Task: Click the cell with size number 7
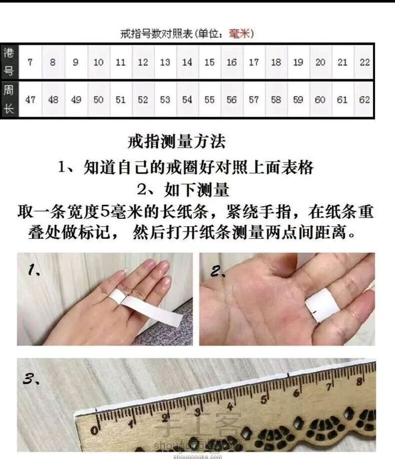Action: (x=30, y=62)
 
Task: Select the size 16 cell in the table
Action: (x=232, y=62)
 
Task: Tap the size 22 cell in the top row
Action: (x=364, y=62)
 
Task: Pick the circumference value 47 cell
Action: (x=30, y=100)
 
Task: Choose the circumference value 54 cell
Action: (x=187, y=100)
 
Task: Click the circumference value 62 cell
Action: (x=364, y=100)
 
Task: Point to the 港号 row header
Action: (x=9, y=62)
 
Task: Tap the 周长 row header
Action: (x=9, y=99)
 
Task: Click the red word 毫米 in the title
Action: (x=240, y=34)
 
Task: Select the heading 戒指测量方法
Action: (x=177, y=142)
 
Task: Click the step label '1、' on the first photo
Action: (x=34, y=269)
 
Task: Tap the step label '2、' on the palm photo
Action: (x=218, y=271)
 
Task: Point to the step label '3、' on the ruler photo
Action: (x=31, y=379)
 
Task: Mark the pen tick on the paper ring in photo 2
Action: (x=314, y=312)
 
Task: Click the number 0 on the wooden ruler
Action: (x=95, y=430)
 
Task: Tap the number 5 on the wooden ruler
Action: (x=264, y=400)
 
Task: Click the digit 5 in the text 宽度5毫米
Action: (x=105, y=212)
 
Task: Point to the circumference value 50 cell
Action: (x=98, y=100)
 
